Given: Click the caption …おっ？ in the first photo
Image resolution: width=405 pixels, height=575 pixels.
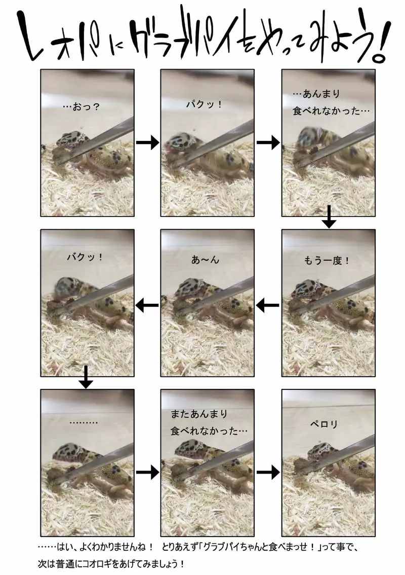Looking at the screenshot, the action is pyautogui.click(x=82, y=107).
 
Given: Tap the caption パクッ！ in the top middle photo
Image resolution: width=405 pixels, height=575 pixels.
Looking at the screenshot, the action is pyautogui.click(x=205, y=104).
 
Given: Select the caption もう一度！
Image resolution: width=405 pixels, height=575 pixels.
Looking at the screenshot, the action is pyautogui.click(x=327, y=260).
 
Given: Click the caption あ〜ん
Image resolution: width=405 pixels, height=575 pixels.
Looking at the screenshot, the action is pyautogui.click(x=205, y=260).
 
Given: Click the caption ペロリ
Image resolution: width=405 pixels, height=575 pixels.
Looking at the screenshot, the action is pyautogui.click(x=323, y=424).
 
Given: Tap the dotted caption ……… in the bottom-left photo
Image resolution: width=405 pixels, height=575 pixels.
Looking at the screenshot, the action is pyautogui.click(x=84, y=422).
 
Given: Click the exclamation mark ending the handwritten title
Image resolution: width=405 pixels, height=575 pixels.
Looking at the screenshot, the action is pyautogui.click(x=381, y=41).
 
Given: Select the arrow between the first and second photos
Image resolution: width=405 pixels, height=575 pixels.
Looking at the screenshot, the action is pyautogui.click(x=148, y=142).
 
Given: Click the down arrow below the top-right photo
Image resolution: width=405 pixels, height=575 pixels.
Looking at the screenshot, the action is pyautogui.click(x=329, y=217).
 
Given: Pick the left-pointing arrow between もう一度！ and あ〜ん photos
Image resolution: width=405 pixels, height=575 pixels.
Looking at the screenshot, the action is pyautogui.click(x=268, y=305).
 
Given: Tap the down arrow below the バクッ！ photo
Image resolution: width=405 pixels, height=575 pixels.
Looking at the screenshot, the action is pyautogui.click(x=86, y=377).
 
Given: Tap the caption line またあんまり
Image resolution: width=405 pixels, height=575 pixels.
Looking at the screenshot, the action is pyautogui.click(x=199, y=414).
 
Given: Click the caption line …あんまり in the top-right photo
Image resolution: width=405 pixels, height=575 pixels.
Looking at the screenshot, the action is pyautogui.click(x=316, y=94).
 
